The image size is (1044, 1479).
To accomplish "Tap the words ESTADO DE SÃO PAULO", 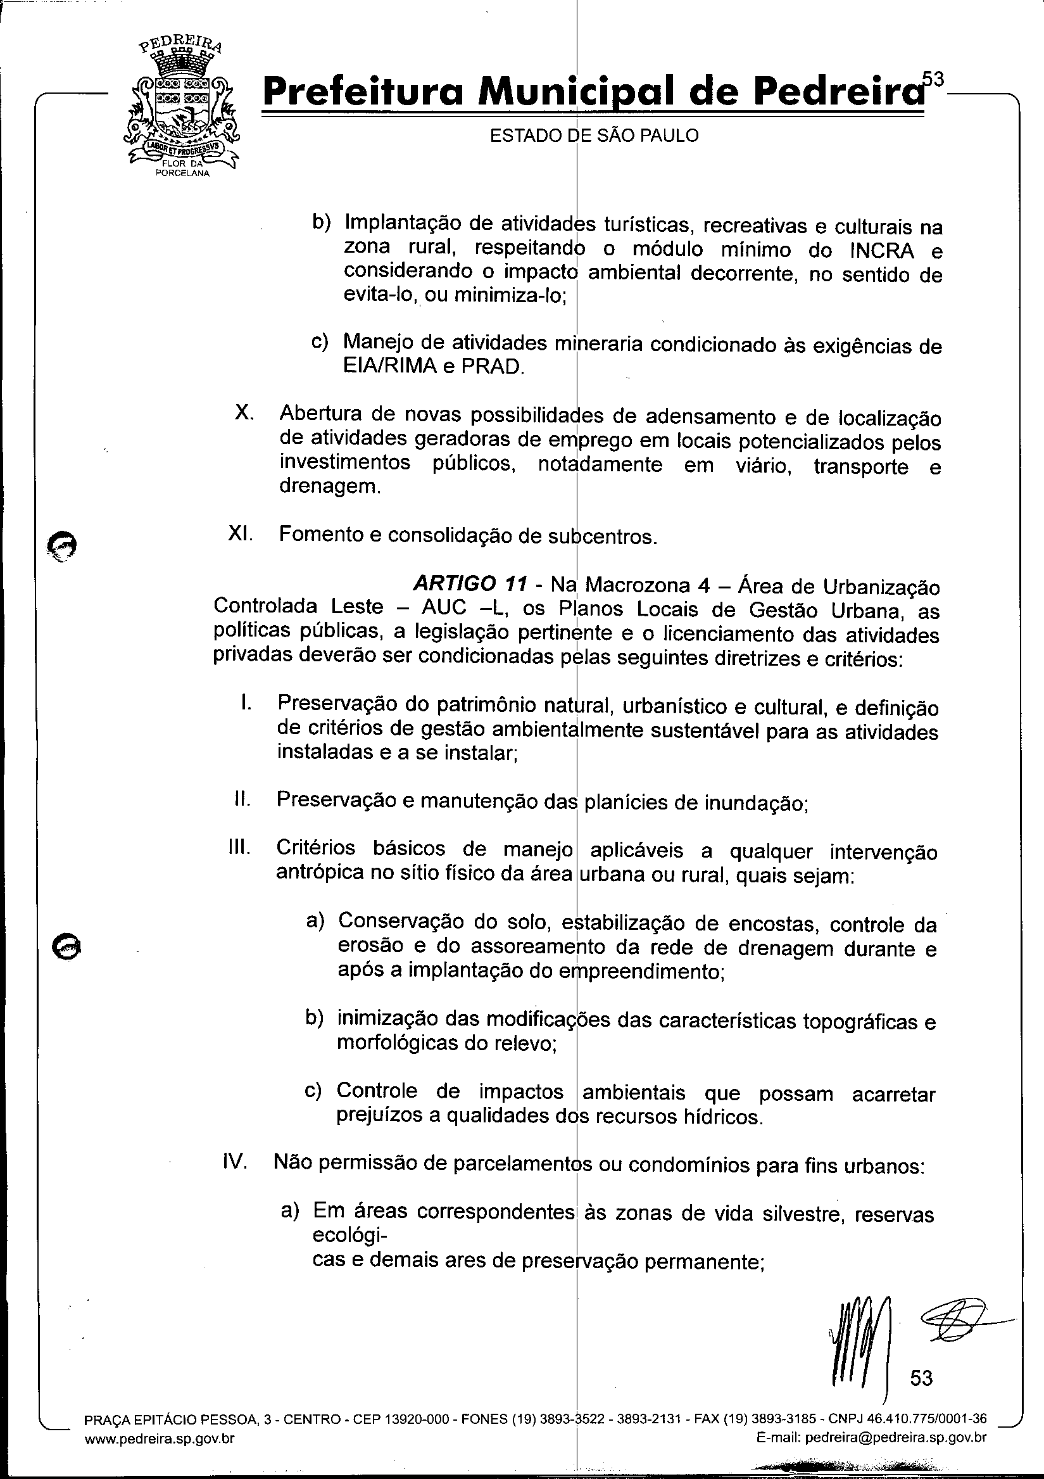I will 594,136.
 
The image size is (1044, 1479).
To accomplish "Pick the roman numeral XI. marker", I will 241,534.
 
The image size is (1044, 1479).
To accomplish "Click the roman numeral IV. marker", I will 235,1163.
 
